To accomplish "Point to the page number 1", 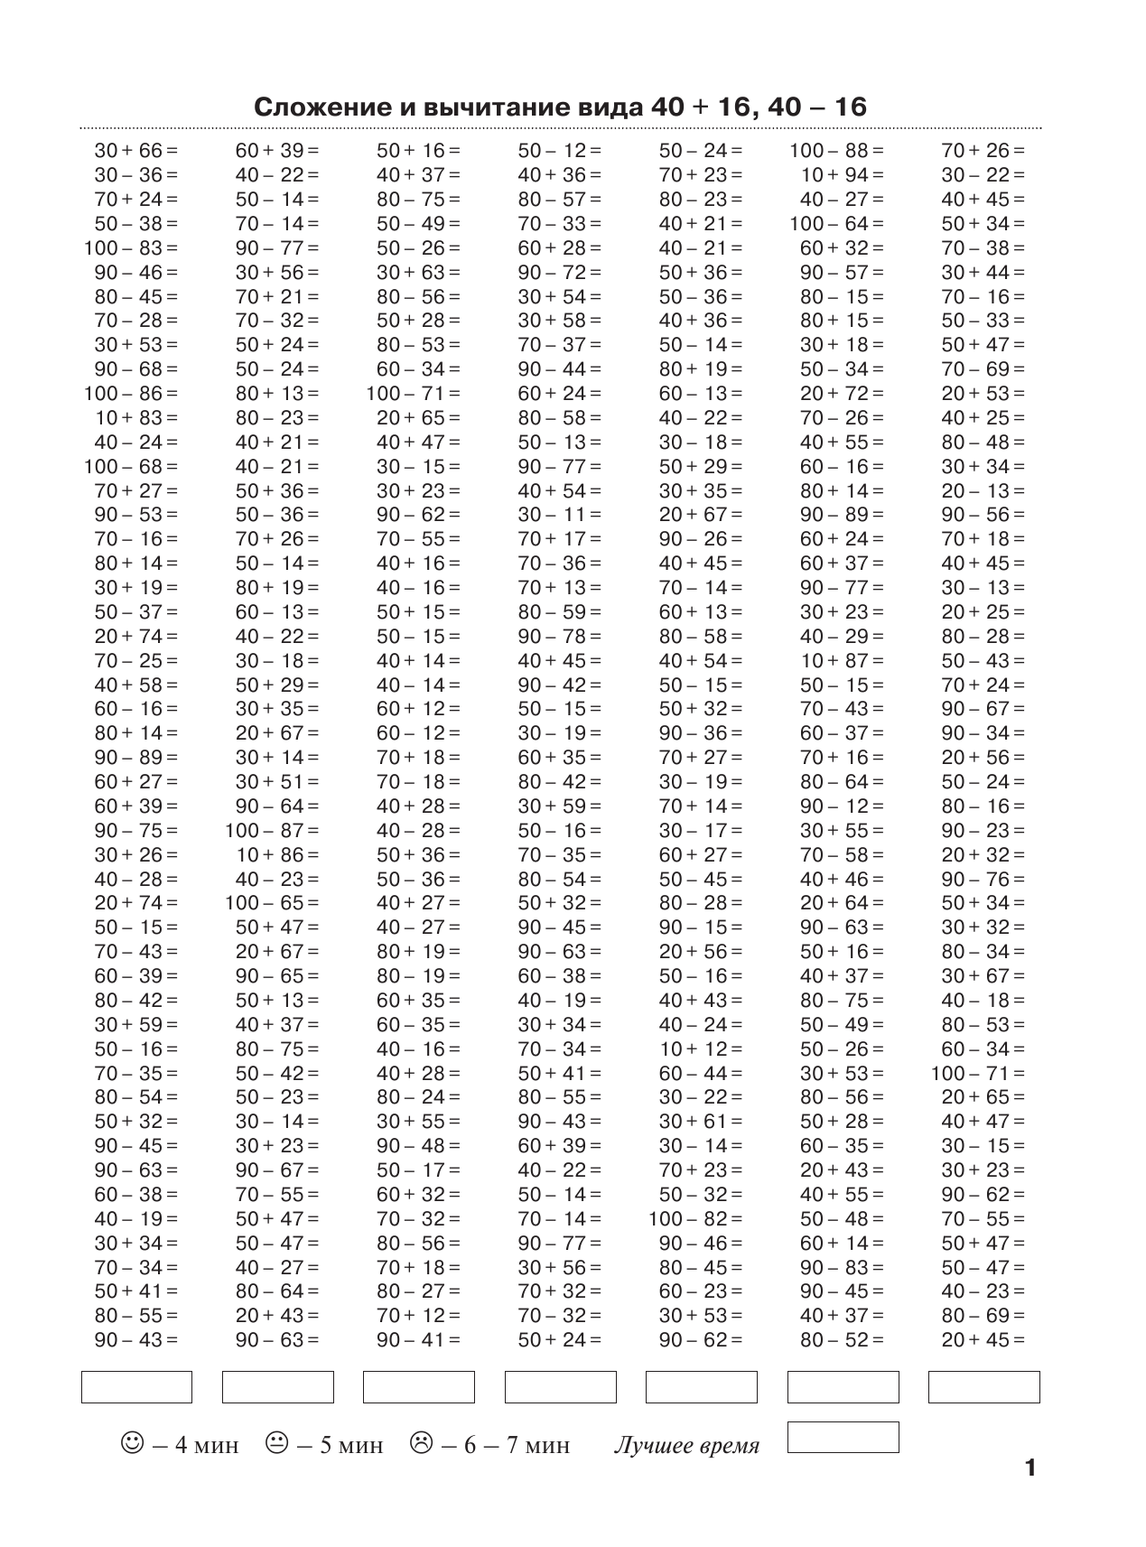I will (x=1030, y=1468).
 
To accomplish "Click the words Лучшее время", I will (x=686, y=1445).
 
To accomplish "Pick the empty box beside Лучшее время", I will (x=843, y=1437).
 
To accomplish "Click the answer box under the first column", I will (x=136, y=1387).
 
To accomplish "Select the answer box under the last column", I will (x=983, y=1387).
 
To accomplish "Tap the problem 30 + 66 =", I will (x=136, y=151).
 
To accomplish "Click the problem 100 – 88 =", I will (x=837, y=151).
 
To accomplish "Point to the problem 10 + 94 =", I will (x=842, y=175).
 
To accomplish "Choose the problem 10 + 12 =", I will (x=701, y=1049).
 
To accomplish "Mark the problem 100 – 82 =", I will (x=695, y=1219).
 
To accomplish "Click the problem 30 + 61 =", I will (x=701, y=1122).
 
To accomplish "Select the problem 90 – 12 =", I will (x=842, y=806).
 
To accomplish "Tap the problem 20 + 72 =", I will (x=842, y=394).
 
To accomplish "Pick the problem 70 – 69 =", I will (x=983, y=369).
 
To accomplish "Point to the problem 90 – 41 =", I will (x=418, y=1340).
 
